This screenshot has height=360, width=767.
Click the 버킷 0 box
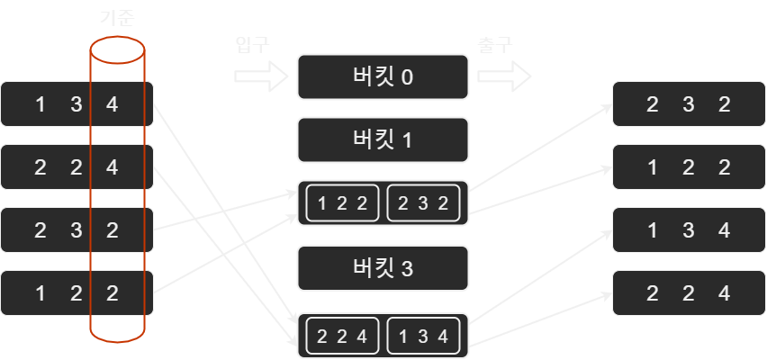(x=383, y=76)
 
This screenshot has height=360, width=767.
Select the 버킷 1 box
(x=383, y=140)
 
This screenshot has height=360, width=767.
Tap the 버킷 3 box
(x=383, y=267)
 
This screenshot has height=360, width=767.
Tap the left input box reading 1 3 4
(x=77, y=104)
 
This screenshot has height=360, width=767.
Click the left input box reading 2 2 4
(x=77, y=167)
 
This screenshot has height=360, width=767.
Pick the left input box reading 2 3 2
(x=77, y=230)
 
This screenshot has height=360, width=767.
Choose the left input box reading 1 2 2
(x=77, y=293)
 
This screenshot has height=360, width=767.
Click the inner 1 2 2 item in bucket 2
(x=342, y=203)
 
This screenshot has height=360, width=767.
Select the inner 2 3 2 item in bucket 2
(x=424, y=203)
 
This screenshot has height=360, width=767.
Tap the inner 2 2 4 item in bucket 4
(x=342, y=337)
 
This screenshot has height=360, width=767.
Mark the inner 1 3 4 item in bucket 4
(x=424, y=337)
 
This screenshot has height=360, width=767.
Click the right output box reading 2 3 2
(x=689, y=103)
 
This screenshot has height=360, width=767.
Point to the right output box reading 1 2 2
(x=689, y=166)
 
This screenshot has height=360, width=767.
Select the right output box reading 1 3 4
(x=689, y=229)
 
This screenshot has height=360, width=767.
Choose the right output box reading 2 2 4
(x=689, y=292)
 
